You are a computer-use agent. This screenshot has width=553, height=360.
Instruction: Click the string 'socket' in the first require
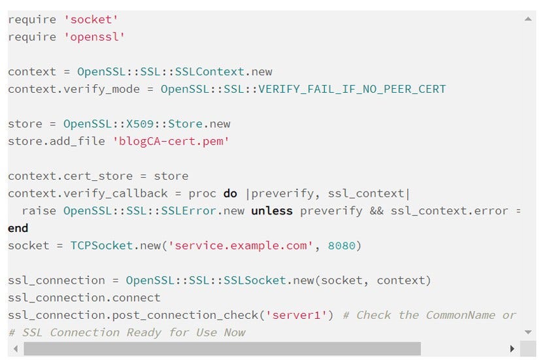click(92, 20)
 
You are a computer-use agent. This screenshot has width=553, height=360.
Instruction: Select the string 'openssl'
click(95, 37)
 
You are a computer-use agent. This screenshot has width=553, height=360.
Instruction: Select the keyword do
click(230, 193)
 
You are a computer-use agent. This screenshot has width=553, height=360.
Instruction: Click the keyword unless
click(272, 210)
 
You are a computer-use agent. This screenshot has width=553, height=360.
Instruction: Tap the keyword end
click(18, 228)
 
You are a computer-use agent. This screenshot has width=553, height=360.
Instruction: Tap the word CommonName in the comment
click(460, 315)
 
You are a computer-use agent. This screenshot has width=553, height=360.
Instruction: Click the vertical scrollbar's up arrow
click(528, 19)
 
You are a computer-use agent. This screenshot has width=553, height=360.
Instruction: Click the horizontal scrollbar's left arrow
click(15, 348)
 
